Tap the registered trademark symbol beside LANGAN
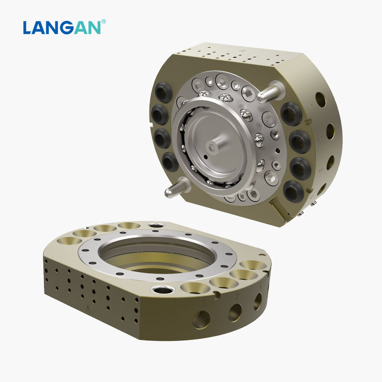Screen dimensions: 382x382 (x=104, y=21)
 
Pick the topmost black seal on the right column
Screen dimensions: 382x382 (x=290, y=111)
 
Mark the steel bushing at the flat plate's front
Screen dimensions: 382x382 (x=158, y=289)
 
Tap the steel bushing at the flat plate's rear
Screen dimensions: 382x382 (x=155, y=224)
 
